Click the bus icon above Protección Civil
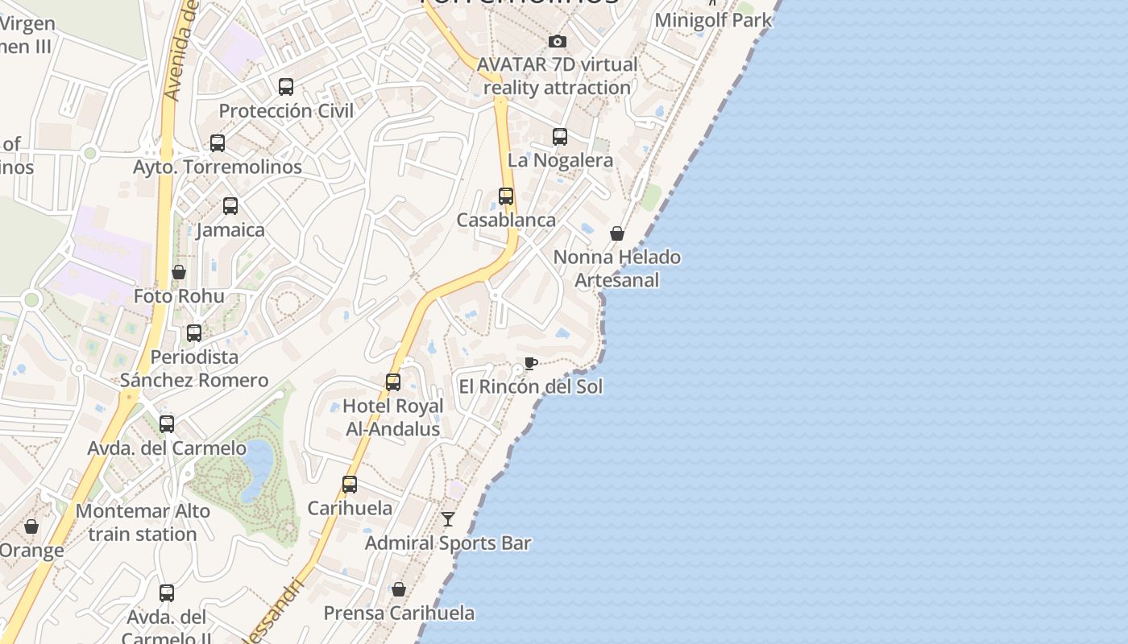286,87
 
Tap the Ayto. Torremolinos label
218,167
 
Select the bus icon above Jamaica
230,206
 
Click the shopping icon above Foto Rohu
179,273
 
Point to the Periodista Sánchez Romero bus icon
194,333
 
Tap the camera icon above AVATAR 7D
558,41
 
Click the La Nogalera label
560,160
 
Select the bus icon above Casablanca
506,196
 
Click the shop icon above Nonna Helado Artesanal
617,233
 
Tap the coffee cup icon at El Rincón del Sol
530,363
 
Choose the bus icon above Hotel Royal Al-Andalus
393,382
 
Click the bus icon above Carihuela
350,485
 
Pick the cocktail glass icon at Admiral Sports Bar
448,519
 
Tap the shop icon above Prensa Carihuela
399,590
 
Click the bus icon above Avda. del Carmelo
167,424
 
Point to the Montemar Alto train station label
143,522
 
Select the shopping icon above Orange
31,527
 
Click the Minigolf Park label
713,20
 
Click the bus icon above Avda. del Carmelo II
167,593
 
